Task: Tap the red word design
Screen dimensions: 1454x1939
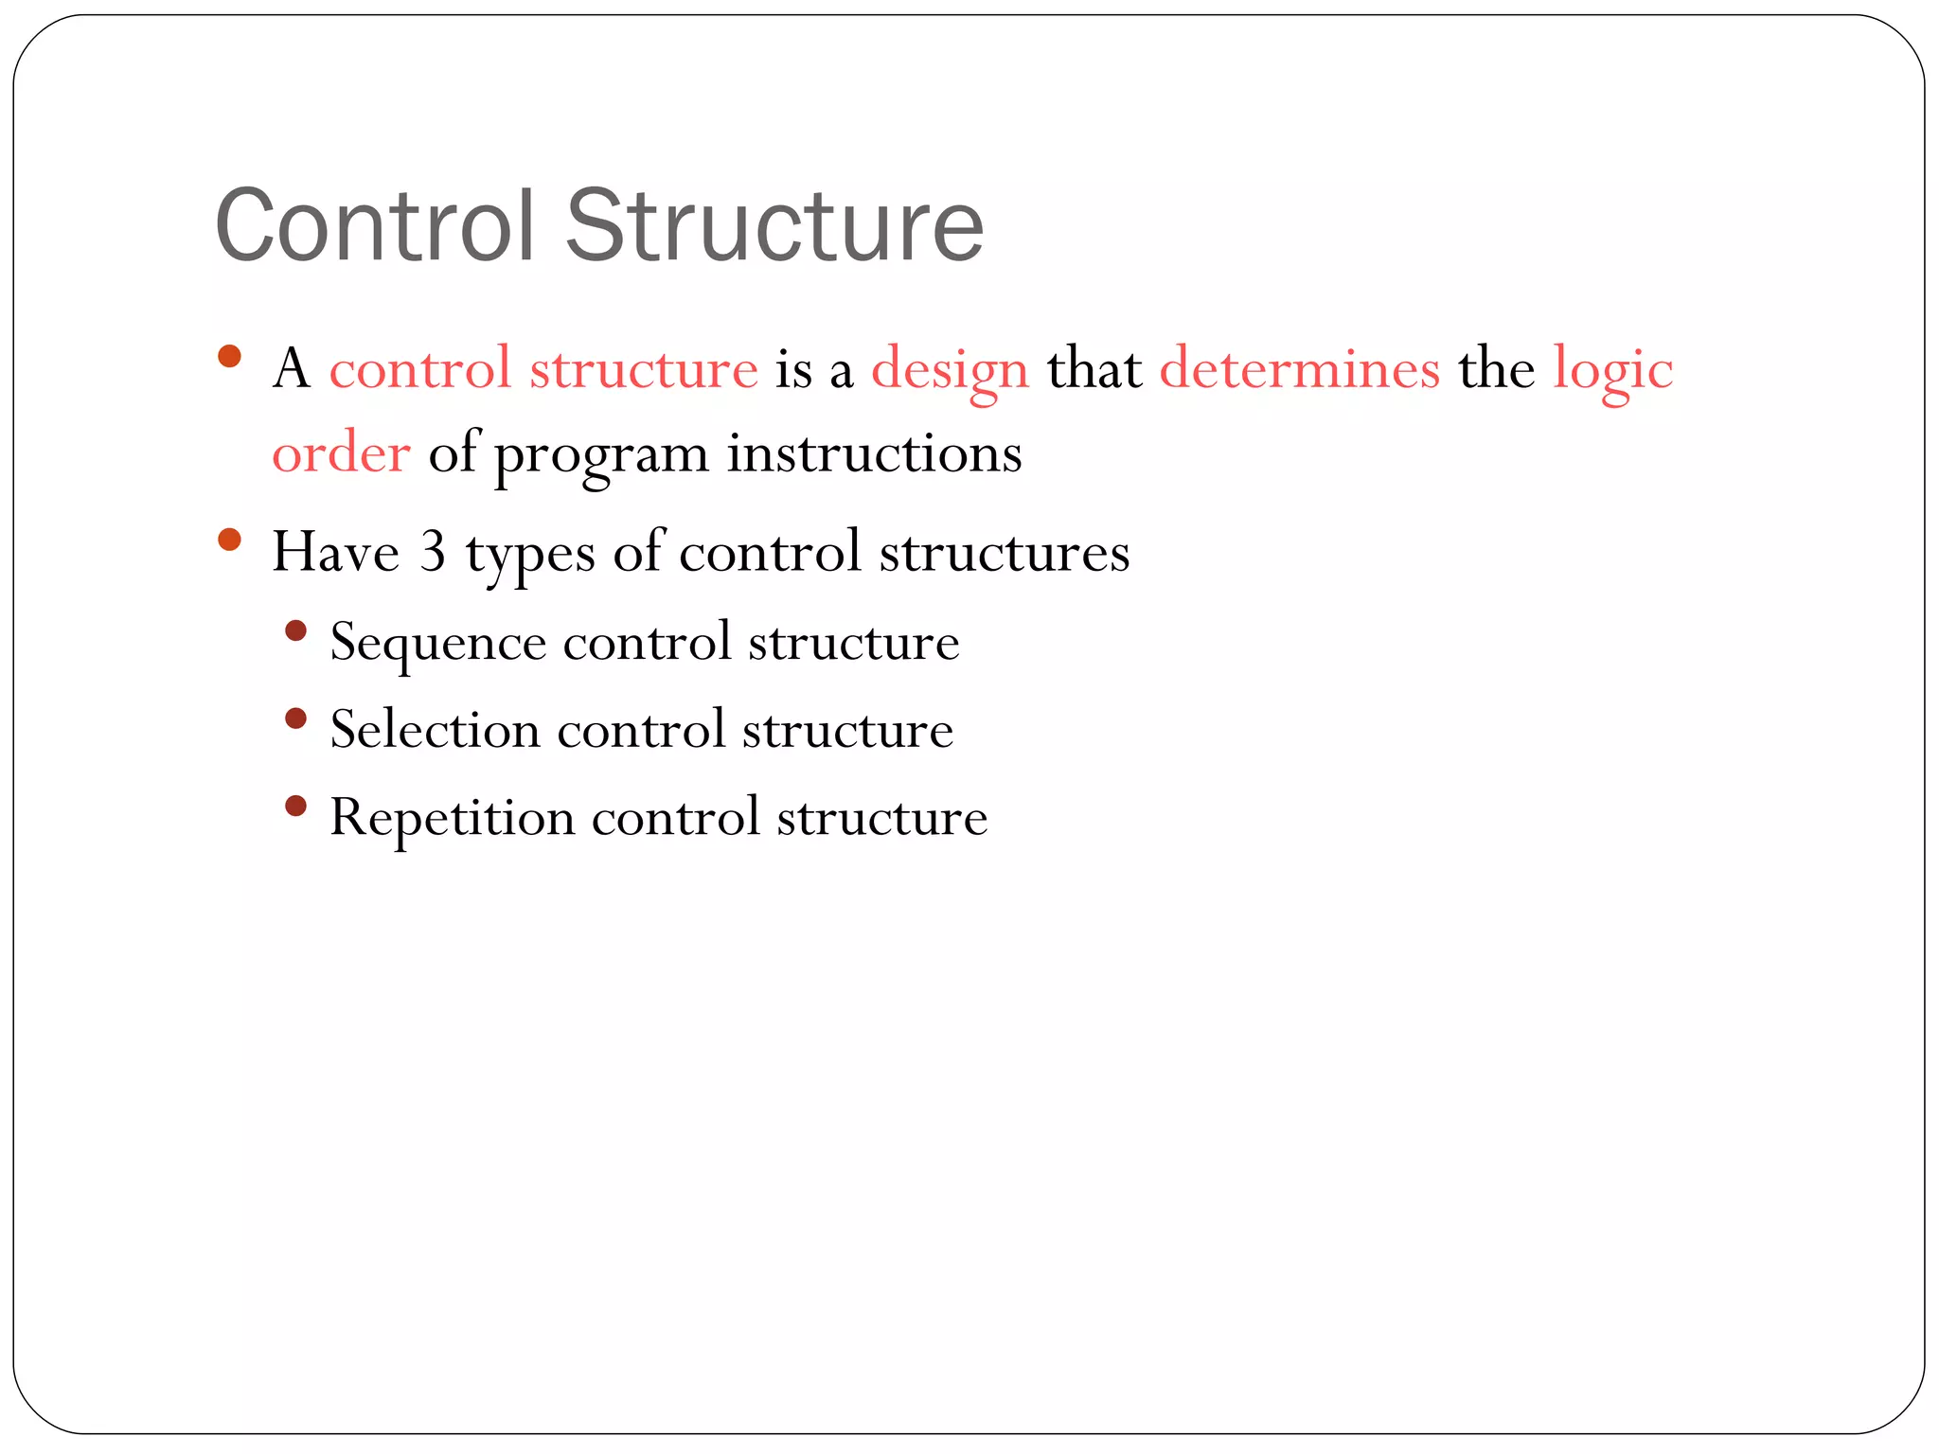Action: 950,369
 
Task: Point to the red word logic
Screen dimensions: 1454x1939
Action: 1612,369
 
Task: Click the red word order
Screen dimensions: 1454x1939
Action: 341,453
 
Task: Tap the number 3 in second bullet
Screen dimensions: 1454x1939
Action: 433,551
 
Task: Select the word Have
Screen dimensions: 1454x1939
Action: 335,551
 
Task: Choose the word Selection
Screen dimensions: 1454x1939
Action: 435,730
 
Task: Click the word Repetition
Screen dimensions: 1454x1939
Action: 452,819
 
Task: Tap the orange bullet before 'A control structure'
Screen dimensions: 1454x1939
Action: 229,357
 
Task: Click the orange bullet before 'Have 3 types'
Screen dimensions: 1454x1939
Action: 229,540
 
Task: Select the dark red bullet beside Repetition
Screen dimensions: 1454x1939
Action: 296,807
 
